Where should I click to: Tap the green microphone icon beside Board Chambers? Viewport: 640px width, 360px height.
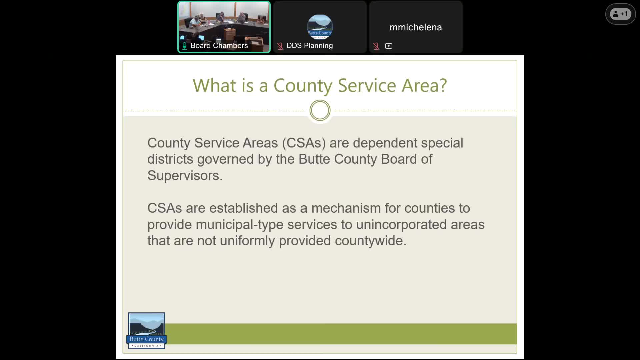click(x=184, y=46)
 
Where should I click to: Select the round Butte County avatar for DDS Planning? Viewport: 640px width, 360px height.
click(x=320, y=27)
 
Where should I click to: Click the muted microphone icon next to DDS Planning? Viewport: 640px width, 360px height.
click(x=280, y=46)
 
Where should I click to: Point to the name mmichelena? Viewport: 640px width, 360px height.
click(x=416, y=27)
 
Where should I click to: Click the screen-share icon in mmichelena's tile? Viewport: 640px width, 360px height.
click(x=388, y=46)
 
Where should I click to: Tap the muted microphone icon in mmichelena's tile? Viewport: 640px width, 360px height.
click(x=376, y=46)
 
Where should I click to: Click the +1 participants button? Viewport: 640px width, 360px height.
click(x=620, y=14)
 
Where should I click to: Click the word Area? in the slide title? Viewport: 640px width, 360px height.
click(x=424, y=85)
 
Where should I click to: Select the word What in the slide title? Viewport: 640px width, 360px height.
click(x=214, y=85)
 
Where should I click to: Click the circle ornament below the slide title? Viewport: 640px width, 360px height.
click(x=320, y=111)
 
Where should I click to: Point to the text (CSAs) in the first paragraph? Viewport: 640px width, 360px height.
click(x=304, y=143)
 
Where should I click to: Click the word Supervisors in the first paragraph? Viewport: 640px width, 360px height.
click(x=183, y=176)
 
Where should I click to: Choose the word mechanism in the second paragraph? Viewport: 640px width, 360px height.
click(x=346, y=208)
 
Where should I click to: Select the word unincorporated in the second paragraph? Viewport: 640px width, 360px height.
click(x=401, y=225)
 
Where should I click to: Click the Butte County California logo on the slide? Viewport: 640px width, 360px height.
click(x=147, y=331)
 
